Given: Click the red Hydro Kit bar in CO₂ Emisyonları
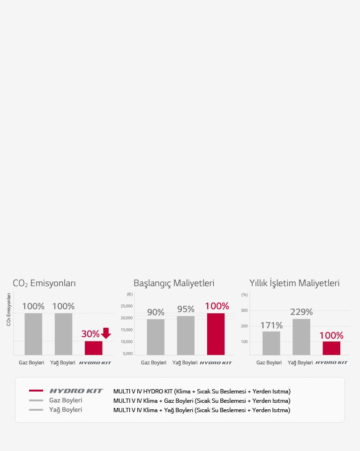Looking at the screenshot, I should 93,348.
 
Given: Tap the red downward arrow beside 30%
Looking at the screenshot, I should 106,333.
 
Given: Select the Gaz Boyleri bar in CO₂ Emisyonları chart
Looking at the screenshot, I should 33,334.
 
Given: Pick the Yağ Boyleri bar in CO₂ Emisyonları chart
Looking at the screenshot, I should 63,334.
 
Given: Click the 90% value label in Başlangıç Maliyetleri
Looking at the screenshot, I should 156,312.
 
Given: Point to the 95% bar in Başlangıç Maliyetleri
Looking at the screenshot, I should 186,335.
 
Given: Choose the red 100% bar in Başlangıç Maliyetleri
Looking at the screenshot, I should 216,334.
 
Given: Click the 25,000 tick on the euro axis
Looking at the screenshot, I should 127,306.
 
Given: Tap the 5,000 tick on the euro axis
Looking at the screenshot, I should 127,353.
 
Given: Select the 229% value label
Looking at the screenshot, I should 301,312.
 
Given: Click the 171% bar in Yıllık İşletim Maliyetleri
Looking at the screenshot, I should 271,343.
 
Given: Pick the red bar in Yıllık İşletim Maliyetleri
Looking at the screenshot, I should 331,348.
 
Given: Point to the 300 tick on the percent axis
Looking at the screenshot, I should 244,311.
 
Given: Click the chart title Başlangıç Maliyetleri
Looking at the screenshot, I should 174,283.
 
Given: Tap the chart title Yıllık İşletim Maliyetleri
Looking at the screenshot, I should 294,283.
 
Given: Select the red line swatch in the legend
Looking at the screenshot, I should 36,391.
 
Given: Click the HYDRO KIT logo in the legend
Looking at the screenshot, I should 76,391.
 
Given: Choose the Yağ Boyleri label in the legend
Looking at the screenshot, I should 66,410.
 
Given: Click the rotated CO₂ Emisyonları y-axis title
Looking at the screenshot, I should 8,310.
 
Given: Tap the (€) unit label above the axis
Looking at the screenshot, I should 129,295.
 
